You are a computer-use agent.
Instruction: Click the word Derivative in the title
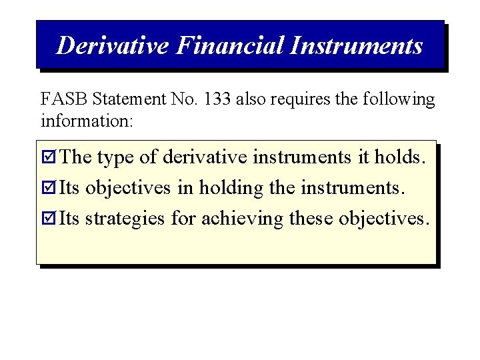point(113,45)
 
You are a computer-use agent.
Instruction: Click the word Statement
point(128,100)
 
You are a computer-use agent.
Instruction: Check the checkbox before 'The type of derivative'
point(49,158)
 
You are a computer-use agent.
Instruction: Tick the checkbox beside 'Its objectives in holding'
point(49,189)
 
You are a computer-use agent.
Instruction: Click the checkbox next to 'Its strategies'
point(49,219)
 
